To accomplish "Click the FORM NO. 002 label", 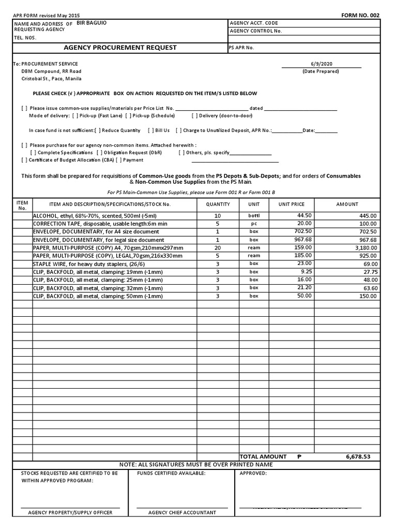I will coord(360,15).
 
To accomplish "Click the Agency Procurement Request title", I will coord(120,48).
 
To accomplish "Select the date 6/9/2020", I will coord(322,64).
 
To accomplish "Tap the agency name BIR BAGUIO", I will coord(92,23).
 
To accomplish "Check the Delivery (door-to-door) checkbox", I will coord(195,116).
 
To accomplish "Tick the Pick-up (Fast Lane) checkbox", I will coord(75,116).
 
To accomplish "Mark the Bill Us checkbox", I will coord(151,131).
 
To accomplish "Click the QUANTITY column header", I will coord(218,204).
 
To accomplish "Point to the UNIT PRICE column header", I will coord(292,204).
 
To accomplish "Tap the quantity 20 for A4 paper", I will coord(218,248).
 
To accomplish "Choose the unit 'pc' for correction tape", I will coord(254,224).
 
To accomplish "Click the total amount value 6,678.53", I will coord(358,457).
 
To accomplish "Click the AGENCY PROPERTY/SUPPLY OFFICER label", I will coord(70,512).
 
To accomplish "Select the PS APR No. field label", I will coord(241,48).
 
